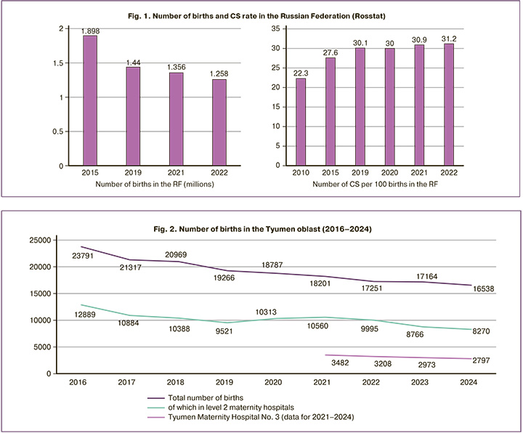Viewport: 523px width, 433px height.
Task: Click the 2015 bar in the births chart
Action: (x=90, y=100)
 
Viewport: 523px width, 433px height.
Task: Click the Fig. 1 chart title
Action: (x=261, y=12)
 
